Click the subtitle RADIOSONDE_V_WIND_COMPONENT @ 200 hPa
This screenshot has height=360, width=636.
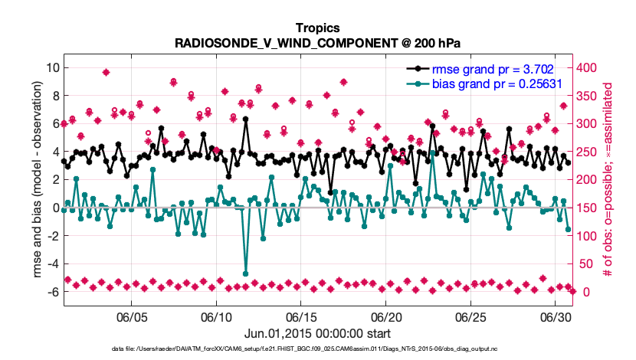(x=317, y=43)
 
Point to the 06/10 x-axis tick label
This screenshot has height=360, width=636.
(x=216, y=317)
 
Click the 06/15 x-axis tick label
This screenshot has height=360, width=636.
(x=301, y=317)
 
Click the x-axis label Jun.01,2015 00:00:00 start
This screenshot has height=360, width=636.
(x=317, y=334)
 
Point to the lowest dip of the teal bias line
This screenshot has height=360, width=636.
(x=246, y=273)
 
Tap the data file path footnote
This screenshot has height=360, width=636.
(x=317, y=349)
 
